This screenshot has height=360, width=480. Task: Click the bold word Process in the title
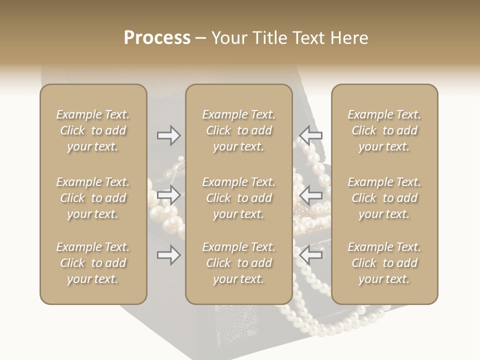click(x=157, y=38)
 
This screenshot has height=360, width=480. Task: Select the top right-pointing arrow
click(x=169, y=135)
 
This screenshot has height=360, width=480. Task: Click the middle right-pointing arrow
click(x=169, y=194)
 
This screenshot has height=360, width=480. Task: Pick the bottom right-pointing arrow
click(x=169, y=255)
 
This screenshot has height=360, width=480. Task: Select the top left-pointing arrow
click(x=311, y=135)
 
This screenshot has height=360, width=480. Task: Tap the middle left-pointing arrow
click(x=311, y=194)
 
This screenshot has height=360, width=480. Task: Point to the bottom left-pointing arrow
click(x=311, y=255)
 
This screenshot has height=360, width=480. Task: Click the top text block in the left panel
click(x=93, y=130)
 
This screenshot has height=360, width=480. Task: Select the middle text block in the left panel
click(x=93, y=198)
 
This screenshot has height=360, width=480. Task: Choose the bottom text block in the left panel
click(x=93, y=263)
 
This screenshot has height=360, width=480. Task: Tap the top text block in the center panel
click(x=238, y=130)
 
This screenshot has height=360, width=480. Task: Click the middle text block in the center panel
click(x=238, y=198)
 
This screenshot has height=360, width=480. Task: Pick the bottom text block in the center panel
click(x=238, y=263)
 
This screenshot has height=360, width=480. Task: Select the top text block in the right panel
click(x=384, y=130)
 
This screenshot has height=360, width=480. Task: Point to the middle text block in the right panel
click(x=384, y=198)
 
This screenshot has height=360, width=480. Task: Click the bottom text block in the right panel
click(x=384, y=263)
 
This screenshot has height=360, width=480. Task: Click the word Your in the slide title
click(x=228, y=38)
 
